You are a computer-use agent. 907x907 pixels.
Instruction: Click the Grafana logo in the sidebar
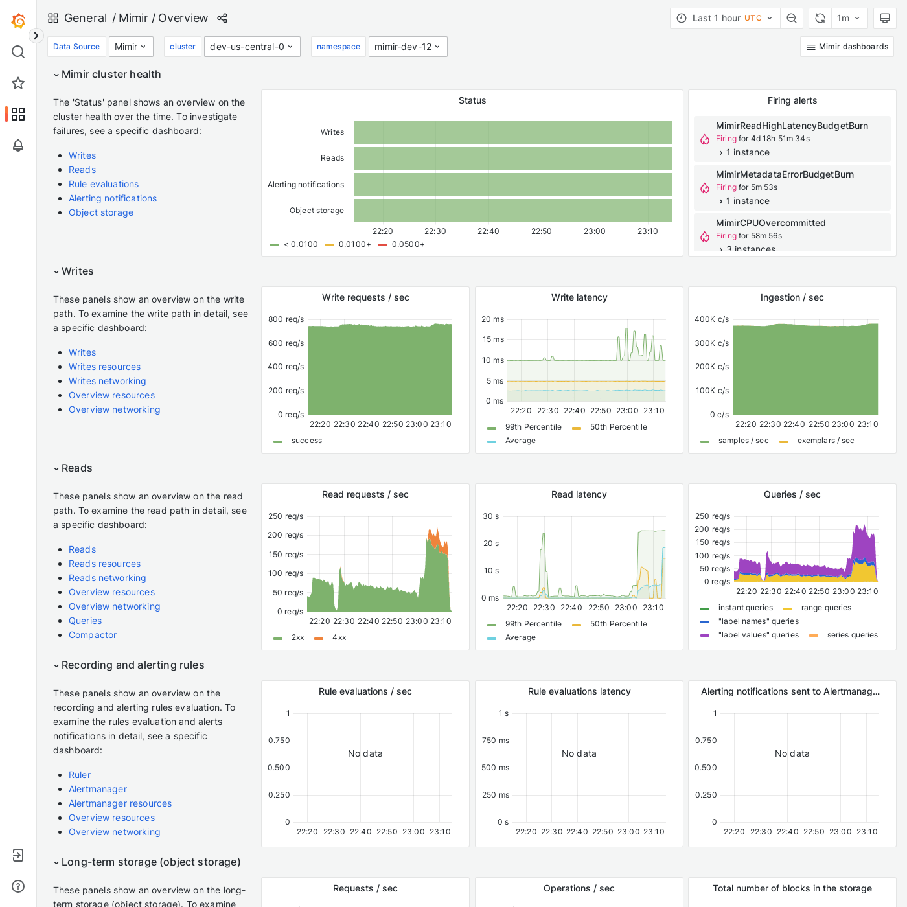coord(18,21)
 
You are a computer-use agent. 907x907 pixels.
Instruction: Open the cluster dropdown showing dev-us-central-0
coord(251,47)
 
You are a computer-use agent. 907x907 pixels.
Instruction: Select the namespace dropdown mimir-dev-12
coord(408,47)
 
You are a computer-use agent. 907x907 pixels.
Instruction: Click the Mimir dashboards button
coord(847,47)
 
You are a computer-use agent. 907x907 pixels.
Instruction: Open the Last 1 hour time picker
coord(724,18)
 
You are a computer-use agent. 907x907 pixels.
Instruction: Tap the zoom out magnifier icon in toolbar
coord(792,18)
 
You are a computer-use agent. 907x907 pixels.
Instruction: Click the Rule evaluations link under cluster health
coord(104,184)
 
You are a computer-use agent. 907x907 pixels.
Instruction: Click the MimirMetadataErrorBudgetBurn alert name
coord(785,174)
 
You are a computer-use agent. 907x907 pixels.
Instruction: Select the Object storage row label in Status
coord(316,211)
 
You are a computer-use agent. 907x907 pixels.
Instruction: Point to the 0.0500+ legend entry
coord(408,244)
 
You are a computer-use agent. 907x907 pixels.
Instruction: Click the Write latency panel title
coord(579,297)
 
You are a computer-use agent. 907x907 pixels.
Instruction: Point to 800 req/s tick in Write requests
coord(286,319)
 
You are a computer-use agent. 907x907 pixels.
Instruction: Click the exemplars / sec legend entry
coord(825,441)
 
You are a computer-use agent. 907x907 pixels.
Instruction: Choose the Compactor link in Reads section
coord(93,635)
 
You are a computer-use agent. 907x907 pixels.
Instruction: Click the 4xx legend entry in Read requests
coord(339,637)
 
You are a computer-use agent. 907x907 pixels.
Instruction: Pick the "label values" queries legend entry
coord(758,635)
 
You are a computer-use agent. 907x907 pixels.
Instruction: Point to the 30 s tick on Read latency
coord(490,516)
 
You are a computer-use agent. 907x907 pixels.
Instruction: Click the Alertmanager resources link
coord(120,803)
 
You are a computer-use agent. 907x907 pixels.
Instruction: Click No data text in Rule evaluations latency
coord(579,753)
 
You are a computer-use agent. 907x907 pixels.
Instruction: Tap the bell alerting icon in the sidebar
coord(18,145)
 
